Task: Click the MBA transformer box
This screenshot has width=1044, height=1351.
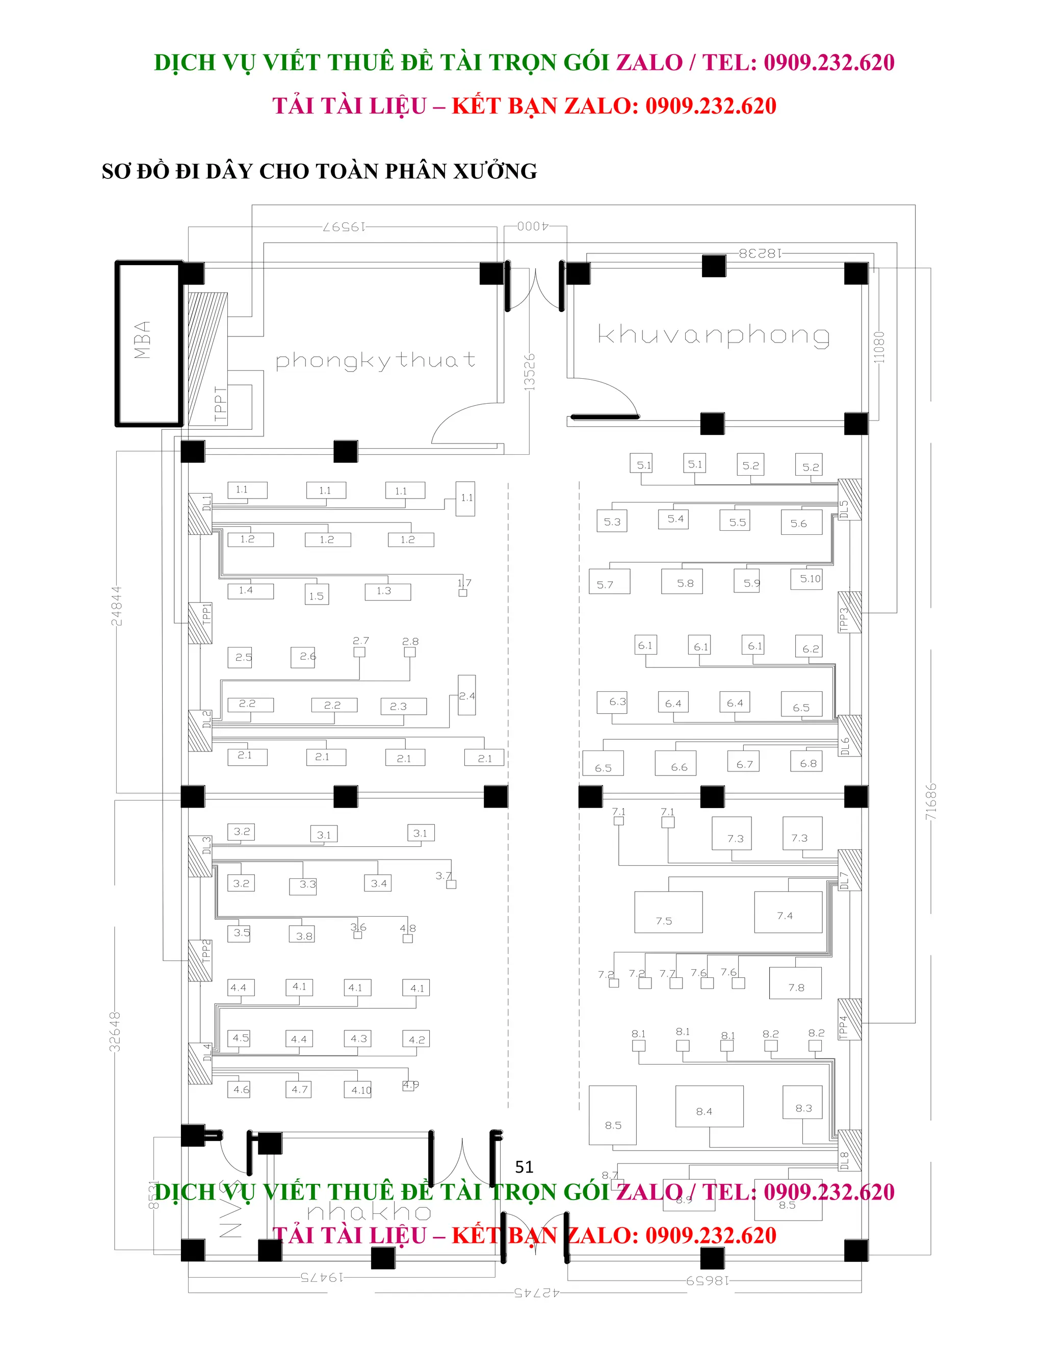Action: [148, 343]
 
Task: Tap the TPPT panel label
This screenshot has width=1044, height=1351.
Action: [220, 403]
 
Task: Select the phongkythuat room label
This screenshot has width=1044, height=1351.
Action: [375, 360]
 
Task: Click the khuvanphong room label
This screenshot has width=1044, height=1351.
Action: [713, 335]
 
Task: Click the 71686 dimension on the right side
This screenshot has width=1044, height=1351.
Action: [931, 802]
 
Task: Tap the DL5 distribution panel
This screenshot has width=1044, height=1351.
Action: [849, 500]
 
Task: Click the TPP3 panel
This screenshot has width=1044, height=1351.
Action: [849, 612]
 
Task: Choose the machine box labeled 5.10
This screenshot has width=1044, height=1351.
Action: [806, 579]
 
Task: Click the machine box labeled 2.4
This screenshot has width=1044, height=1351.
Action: [466, 695]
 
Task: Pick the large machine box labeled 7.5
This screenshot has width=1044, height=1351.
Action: [668, 913]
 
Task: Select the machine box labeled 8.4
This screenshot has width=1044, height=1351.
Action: [709, 1106]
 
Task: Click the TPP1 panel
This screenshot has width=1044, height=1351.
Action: [200, 623]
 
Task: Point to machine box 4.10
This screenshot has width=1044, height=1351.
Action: [358, 1090]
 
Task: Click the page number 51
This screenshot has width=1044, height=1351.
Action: [524, 1166]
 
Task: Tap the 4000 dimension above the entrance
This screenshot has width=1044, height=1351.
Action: [533, 226]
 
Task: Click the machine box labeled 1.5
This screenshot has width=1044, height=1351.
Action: [317, 595]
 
